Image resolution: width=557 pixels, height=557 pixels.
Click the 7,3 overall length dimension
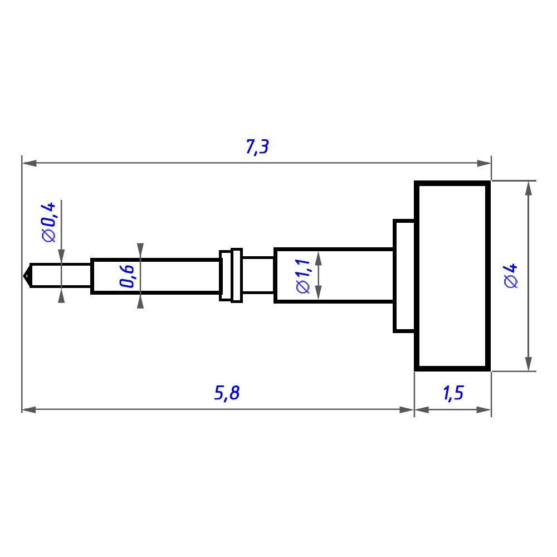[x=257, y=146]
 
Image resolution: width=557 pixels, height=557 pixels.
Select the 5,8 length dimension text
[x=227, y=393]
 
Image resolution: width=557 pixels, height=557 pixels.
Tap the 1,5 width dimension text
[x=453, y=393]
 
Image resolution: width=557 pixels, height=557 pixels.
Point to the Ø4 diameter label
[x=511, y=276]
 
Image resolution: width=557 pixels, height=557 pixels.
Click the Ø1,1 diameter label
[x=304, y=276]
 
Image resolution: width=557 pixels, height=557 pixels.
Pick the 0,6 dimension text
[x=127, y=276]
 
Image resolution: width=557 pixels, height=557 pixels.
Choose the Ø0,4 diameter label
[x=48, y=222]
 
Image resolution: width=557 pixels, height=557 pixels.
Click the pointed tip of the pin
[x=23, y=276]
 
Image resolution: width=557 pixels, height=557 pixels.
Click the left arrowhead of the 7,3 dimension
[x=29, y=163]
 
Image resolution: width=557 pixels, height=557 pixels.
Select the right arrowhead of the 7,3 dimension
[x=484, y=163]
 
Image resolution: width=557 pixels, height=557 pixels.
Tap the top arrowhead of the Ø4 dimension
[x=529, y=188]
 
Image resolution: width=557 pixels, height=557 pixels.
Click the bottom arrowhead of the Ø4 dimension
[x=529, y=364]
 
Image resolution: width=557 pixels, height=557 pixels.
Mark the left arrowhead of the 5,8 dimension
[x=29, y=410]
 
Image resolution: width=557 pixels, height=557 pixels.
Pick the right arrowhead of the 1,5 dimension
[x=484, y=410]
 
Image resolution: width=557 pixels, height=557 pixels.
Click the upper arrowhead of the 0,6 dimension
[x=140, y=250]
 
